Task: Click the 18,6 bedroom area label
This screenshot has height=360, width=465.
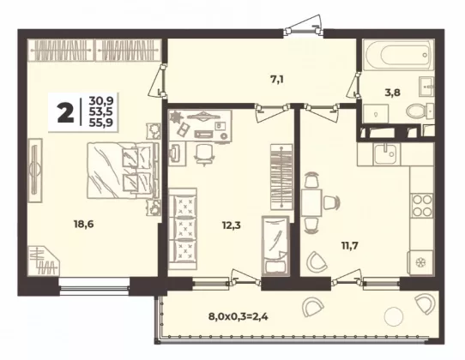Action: [83, 225]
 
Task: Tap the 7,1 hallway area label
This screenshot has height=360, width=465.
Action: [277, 80]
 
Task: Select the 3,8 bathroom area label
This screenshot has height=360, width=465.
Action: [392, 93]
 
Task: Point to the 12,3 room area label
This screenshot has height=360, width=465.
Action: [232, 225]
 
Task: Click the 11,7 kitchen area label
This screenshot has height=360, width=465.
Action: [350, 246]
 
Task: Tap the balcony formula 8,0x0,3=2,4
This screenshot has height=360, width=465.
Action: [239, 317]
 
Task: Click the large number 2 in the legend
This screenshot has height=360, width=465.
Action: [65, 113]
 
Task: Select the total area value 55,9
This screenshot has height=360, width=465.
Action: [101, 123]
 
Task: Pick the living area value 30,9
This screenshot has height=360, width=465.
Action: [101, 101]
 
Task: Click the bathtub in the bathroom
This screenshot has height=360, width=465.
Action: [398, 55]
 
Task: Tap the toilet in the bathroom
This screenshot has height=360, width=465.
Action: [420, 111]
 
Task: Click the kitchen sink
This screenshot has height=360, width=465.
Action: [385, 153]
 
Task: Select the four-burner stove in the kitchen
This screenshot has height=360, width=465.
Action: [422, 206]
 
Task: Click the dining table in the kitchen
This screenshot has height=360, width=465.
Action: [311, 203]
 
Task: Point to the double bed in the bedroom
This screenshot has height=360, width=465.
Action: [124, 171]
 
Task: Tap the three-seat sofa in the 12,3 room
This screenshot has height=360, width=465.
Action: [183, 229]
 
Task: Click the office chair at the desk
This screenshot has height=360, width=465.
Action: [204, 153]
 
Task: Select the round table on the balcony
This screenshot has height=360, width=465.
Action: [394, 317]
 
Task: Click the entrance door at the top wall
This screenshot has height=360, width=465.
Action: [303, 30]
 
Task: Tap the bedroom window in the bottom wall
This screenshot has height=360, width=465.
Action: [94, 286]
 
